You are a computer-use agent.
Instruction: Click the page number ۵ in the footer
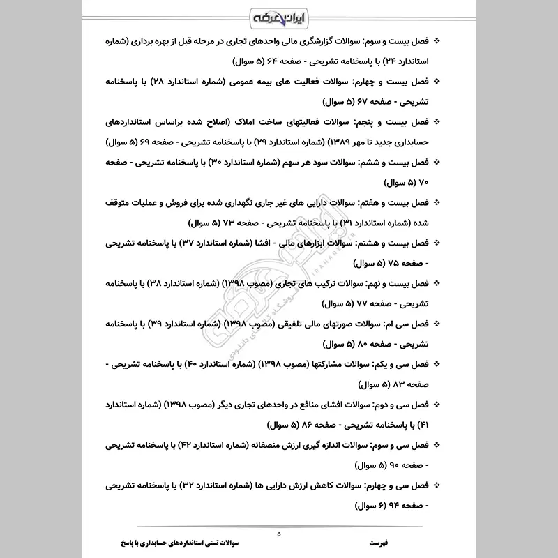point(279,534)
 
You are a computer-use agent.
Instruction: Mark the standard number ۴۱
point(431,424)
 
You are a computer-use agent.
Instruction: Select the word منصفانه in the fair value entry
point(272,444)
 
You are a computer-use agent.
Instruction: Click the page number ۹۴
point(382,505)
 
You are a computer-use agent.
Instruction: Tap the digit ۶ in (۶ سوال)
point(347,505)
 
